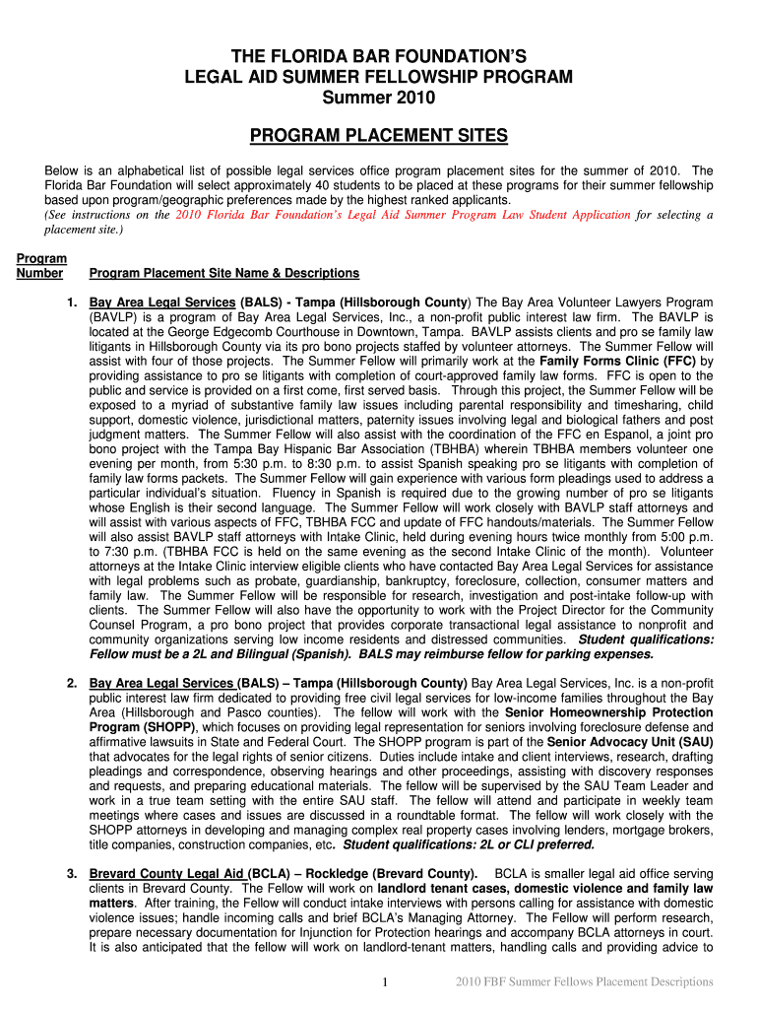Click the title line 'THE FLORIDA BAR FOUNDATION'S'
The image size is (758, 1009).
[x=379, y=57]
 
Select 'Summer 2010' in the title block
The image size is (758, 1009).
[x=379, y=99]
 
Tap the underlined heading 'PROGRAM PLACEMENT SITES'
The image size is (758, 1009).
[x=379, y=135]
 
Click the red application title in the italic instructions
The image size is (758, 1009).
[x=403, y=214]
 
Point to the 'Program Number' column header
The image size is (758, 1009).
[x=41, y=266]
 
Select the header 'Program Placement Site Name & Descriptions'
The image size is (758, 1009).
[x=223, y=273]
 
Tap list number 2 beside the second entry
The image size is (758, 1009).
[x=71, y=683]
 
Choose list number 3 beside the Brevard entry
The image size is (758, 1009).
[x=71, y=874]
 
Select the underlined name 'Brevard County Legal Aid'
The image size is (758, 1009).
[x=166, y=874]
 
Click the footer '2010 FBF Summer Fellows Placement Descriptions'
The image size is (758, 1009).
[x=585, y=981]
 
